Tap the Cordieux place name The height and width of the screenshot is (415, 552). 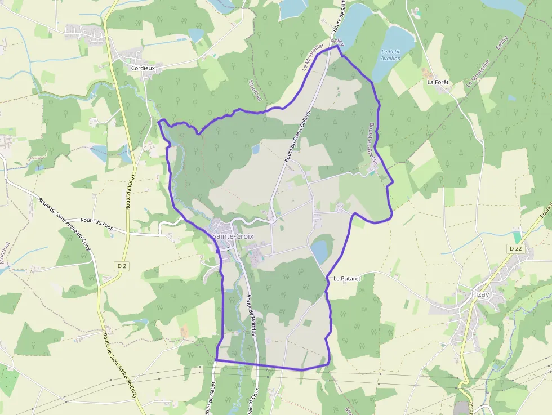(143, 68)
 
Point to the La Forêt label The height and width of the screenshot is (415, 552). (438, 82)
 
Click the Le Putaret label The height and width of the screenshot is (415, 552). (346, 278)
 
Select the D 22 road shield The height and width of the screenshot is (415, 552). (515, 248)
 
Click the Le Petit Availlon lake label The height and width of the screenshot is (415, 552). (391, 54)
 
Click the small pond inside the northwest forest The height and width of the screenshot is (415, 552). (255, 149)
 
